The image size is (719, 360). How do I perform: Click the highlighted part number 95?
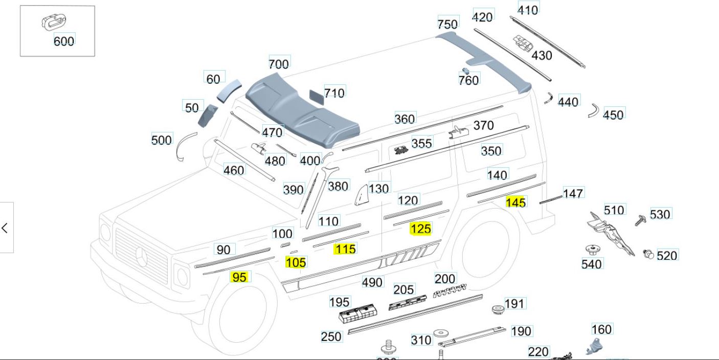click(239, 277)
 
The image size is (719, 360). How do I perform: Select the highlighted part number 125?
click(420, 229)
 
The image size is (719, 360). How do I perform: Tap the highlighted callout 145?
click(515, 202)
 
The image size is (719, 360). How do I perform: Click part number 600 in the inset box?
click(64, 41)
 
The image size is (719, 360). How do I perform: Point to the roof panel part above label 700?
click(302, 107)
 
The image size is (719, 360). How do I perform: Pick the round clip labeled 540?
click(592, 250)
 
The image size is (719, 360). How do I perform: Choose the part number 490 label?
click(372, 282)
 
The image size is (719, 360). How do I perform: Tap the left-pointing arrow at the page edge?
click(5, 228)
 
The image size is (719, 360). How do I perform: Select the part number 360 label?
click(405, 119)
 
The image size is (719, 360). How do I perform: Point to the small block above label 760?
click(466, 71)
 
